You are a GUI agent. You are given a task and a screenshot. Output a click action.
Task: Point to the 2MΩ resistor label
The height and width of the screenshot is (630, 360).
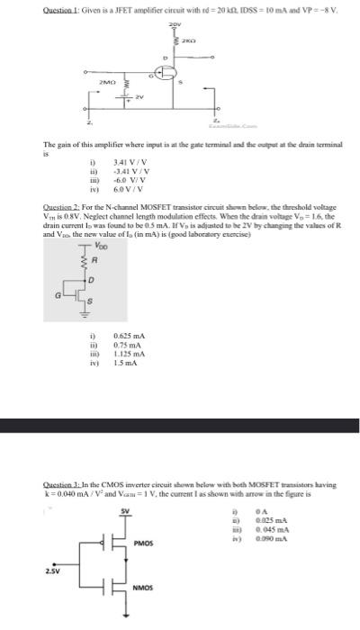pos(111,83)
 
